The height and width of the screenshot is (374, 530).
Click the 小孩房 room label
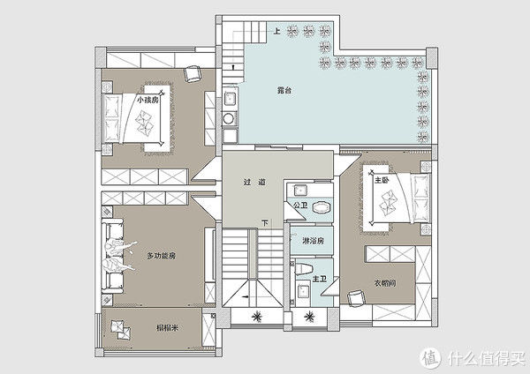pos(148,101)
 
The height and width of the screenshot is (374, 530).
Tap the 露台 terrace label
pos(284,90)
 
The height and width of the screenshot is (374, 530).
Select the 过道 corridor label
pos(254,183)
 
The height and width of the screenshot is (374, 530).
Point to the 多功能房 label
pos(162,256)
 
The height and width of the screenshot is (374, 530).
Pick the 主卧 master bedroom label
pos(382,179)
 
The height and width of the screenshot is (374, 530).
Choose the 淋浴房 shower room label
pos(314,240)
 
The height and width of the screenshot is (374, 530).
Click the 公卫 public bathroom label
pos(299,206)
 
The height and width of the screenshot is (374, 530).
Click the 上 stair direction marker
pos(276,32)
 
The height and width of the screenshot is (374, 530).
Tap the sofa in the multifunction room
pos(113,257)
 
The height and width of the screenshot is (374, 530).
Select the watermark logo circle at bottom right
pos(430,358)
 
